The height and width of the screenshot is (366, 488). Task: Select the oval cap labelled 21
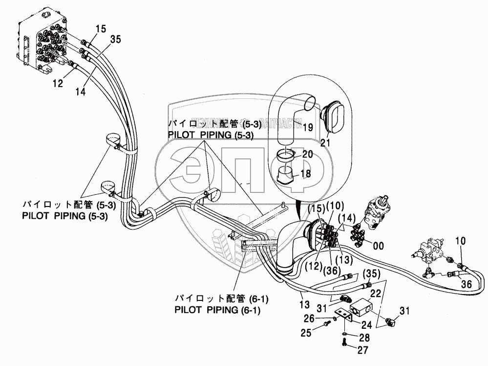pyautogui.click(x=333, y=114)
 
